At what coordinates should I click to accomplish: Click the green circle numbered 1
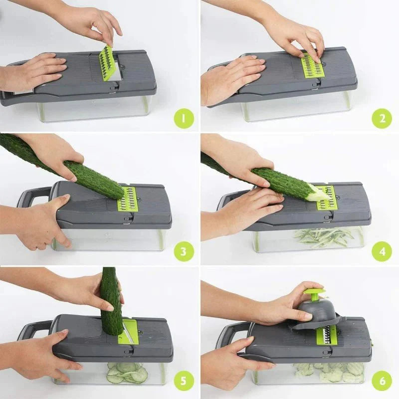point(184,118)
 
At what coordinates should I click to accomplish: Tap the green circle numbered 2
point(382,118)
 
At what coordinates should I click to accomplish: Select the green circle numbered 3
point(184,251)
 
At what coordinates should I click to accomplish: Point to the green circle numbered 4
point(382,251)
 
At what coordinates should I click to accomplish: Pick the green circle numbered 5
point(184,381)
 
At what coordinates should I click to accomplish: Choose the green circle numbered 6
point(382,381)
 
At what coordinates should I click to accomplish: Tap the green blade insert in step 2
point(312,66)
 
